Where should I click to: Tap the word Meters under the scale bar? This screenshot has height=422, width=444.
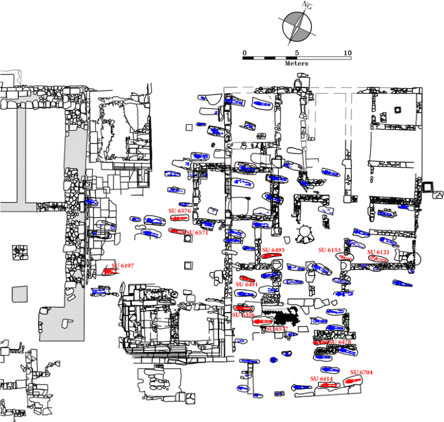click(x=296, y=64)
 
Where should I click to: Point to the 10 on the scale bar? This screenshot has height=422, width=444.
click(x=347, y=53)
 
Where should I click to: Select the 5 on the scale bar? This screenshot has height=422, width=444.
click(x=297, y=53)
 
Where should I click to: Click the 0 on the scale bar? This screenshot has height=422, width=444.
click(x=244, y=53)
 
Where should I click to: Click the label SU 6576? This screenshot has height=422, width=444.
click(x=180, y=211)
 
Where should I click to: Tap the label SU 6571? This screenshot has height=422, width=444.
click(x=197, y=233)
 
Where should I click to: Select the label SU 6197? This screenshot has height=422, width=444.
click(x=123, y=265)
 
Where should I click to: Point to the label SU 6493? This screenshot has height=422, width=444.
click(x=274, y=250)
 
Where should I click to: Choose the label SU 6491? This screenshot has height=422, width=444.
click(x=246, y=284)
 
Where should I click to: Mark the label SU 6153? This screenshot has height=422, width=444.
click(x=329, y=250)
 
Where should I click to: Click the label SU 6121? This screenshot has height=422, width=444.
click(x=379, y=252)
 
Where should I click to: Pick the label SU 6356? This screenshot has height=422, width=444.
click(x=243, y=315)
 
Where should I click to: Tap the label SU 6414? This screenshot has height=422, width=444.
click(x=321, y=378)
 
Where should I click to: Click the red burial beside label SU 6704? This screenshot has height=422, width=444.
click(x=353, y=381)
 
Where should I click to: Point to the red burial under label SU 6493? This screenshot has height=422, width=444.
click(x=271, y=256)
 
